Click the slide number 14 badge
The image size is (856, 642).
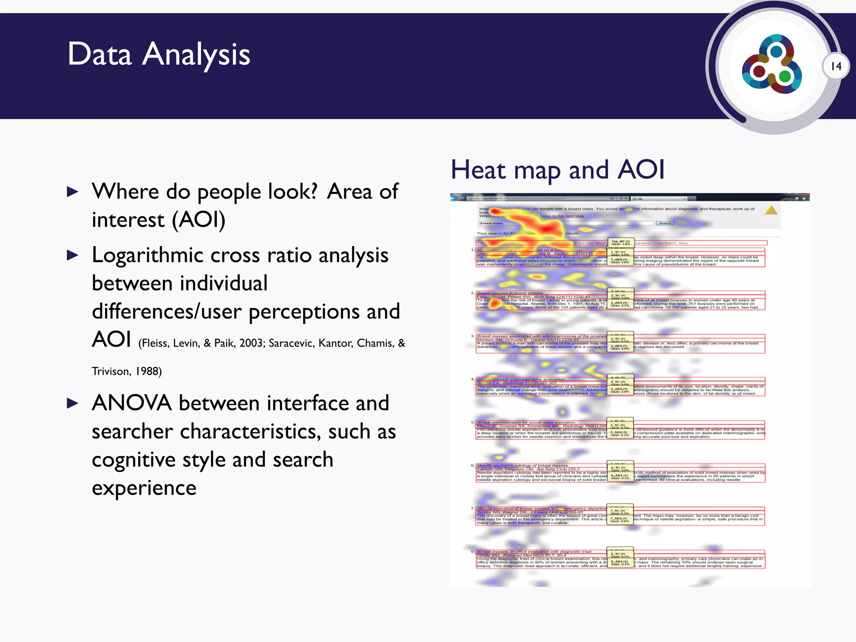(836, 66)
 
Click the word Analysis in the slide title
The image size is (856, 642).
(196, 55)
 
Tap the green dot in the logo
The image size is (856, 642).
(785, 76)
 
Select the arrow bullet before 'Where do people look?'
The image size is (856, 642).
(73, 192)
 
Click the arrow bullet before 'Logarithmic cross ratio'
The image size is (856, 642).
(73, 255)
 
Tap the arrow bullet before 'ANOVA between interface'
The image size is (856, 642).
(73, 403)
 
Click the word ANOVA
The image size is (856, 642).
(132, 403)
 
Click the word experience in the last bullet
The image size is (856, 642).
(144, 488)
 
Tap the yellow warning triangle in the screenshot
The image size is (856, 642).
(771, 210)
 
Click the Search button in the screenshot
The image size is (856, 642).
(665, 223)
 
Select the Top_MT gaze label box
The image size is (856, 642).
(621, 242)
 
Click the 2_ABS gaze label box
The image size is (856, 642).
(619, 304)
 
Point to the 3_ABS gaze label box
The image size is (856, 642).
(619, 347)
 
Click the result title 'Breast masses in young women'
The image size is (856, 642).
(510, 293)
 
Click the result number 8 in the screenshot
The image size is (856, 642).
(472, 552)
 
